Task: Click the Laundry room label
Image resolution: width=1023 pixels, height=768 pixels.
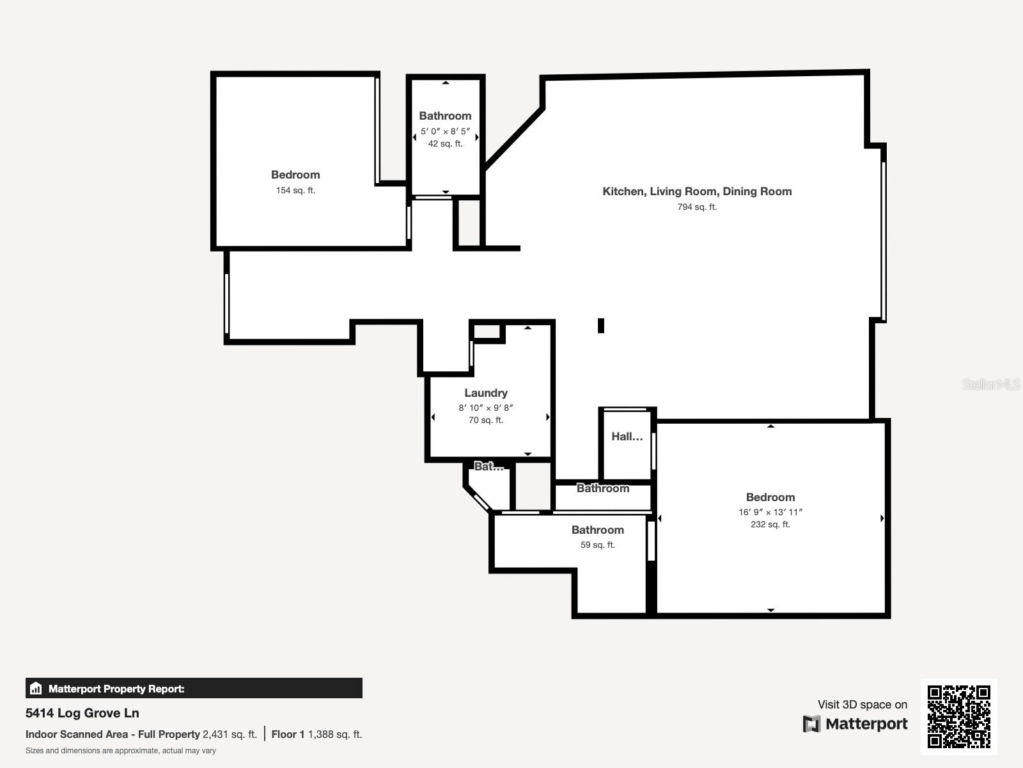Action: point(486,393)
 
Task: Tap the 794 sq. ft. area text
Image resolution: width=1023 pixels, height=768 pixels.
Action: point(697,207)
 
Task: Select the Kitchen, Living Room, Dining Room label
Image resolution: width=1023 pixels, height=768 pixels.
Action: point(697,191)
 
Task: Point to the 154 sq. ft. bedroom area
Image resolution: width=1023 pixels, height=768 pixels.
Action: point(295,190)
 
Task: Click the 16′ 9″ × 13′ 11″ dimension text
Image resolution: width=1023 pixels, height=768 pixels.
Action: point(770,512)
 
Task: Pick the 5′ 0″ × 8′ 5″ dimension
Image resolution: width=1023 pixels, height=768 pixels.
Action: point(445,131)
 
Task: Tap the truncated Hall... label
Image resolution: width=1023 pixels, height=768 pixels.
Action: point(627,436)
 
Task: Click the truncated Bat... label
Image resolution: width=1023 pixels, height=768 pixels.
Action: point(489,467)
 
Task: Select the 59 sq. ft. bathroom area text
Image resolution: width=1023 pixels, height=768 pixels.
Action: point(597,545)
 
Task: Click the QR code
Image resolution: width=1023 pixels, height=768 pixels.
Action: point(958,717)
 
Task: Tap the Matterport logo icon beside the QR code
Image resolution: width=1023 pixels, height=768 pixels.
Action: point(811,724)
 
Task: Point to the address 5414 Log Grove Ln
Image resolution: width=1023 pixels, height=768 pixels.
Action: point(82,713)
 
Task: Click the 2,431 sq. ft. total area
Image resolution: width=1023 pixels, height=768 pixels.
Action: point(230,735)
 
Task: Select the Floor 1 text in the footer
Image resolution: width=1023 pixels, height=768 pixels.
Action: point(288,735)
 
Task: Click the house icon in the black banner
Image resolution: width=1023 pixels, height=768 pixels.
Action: point(36,688)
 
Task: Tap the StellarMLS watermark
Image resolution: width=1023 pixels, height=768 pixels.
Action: point(991,384)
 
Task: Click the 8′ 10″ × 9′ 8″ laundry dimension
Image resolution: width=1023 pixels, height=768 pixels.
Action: point(486,408)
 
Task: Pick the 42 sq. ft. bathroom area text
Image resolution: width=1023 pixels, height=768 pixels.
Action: point(445,143)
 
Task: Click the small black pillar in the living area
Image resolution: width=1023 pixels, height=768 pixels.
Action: point(601,326)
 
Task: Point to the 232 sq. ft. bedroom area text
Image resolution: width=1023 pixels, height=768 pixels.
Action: point(770,524)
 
